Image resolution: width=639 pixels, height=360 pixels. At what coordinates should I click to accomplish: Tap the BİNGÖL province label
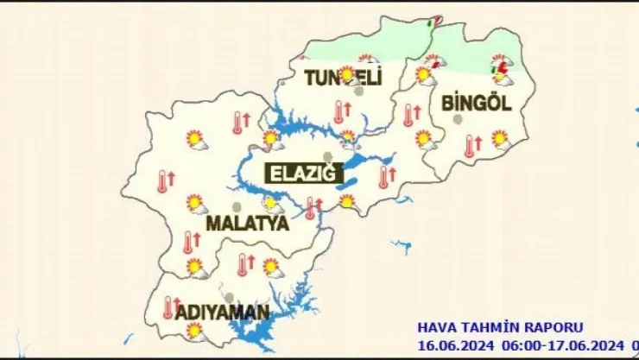point(476,104)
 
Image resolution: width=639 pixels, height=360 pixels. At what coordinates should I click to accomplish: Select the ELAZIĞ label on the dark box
point(301,174)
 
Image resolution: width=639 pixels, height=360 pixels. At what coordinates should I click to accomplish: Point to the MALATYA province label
point(246,224)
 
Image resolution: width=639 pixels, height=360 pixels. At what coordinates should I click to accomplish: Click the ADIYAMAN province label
point(222,311)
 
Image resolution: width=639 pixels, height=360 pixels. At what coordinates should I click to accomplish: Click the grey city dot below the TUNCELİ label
point(359,90)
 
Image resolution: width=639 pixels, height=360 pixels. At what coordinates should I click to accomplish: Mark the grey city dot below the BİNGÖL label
point(458,119)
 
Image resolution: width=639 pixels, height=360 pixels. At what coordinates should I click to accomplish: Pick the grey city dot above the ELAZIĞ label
point(327,156)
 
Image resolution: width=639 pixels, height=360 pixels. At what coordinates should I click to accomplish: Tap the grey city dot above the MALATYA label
point(237,207)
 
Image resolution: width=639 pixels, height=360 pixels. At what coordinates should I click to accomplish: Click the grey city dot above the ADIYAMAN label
point(229,297)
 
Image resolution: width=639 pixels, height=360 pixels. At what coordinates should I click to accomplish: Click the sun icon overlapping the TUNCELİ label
point(347,74)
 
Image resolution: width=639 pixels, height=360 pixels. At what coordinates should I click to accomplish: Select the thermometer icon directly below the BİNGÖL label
point(470,146)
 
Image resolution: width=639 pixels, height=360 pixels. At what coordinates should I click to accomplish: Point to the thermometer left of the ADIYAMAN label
point(169,307)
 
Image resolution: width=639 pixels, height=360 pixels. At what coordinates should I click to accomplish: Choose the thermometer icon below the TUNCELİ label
point(339,111)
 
